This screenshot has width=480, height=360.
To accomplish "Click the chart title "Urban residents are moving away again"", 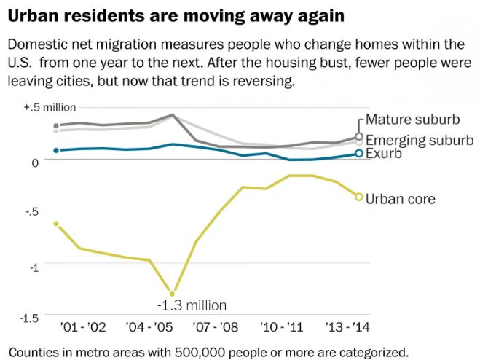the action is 176,16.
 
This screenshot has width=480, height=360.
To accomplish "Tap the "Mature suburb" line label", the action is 413,120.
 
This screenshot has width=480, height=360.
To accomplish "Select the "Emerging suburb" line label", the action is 420,141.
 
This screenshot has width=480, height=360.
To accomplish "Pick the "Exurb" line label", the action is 384,154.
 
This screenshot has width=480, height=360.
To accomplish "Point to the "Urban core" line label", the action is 401,199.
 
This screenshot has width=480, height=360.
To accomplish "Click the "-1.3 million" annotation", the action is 192,305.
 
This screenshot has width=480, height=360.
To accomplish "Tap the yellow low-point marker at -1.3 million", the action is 172,294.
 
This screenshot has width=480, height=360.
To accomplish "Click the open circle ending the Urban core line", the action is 359,197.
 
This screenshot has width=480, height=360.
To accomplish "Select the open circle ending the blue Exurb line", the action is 359,153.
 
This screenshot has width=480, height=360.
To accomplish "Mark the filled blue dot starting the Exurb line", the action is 56,150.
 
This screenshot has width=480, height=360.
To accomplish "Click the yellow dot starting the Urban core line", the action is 56,224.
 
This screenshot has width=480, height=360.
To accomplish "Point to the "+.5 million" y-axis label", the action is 50,108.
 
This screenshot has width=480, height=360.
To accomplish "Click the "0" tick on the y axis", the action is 35,163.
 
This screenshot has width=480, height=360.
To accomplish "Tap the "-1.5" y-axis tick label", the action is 29,318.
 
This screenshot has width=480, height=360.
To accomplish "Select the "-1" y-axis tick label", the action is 34,267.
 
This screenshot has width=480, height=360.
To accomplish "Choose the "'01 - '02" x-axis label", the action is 83,327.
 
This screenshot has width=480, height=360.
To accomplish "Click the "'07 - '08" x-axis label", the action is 215,327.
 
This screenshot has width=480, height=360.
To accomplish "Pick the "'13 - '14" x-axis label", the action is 347,327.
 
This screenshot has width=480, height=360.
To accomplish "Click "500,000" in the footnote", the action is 201,352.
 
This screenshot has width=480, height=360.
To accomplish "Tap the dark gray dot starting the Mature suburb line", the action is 56,125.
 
